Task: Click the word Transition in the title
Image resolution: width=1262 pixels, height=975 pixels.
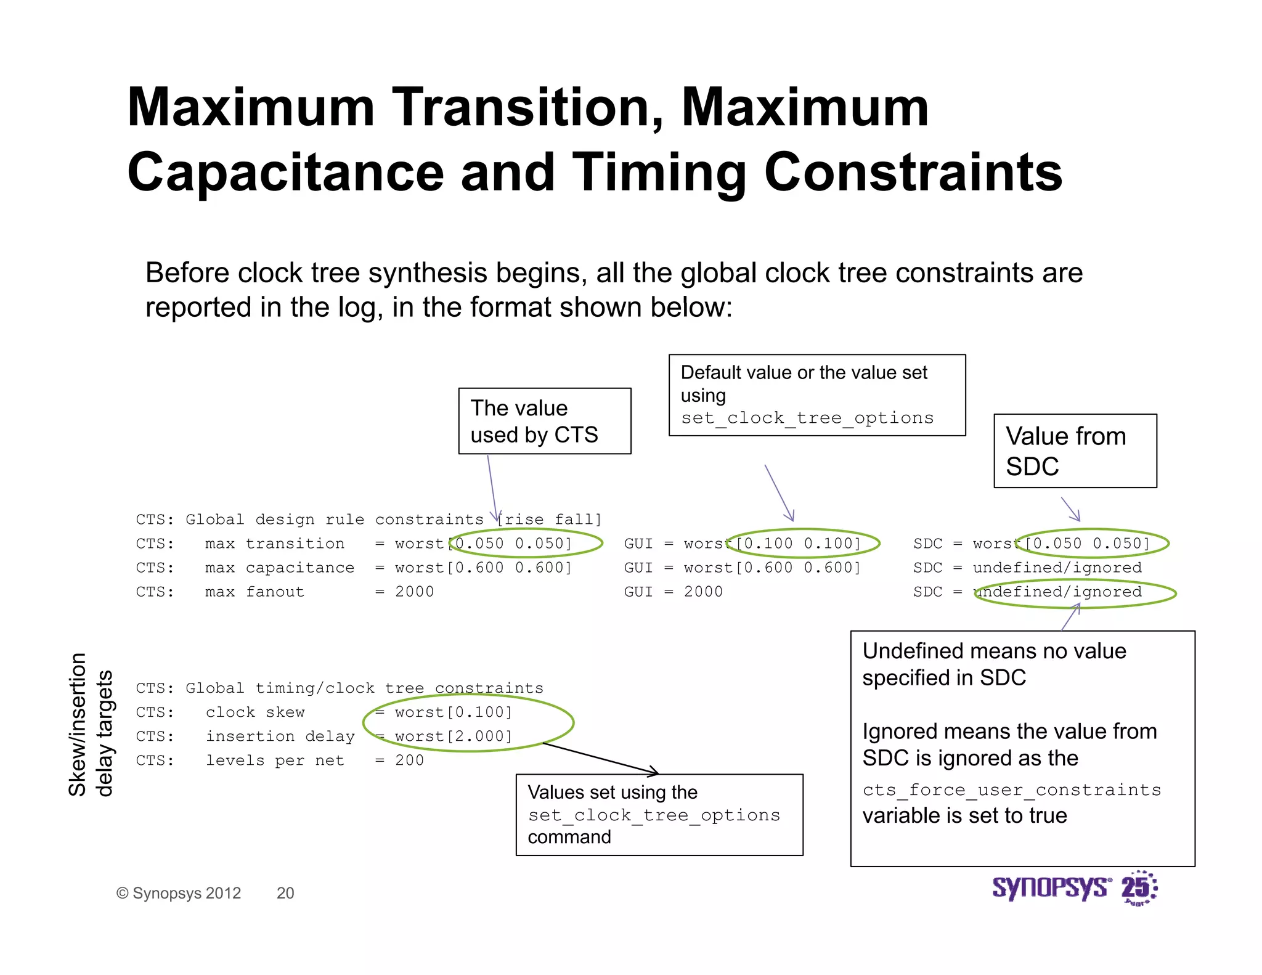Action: click(x=529, y=108)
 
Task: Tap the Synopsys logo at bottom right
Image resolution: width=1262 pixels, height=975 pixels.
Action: click(x=1073, y=888)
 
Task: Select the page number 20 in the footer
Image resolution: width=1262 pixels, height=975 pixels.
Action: click(x=285, y=893)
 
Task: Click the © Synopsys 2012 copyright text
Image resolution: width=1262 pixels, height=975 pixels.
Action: click(x=179, y=893)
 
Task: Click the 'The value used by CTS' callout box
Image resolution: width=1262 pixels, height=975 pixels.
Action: click(x=544, y=421)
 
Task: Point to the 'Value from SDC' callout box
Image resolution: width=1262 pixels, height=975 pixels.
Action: click(x=1075, y=451)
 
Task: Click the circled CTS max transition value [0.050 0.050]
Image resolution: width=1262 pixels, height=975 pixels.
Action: click(x=513, y=544)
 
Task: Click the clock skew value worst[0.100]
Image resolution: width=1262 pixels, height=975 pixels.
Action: click(x=454, y=712)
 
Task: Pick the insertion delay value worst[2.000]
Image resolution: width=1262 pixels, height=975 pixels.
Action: click(x=454, y=736)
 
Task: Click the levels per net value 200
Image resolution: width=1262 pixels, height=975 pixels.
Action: click(x=409, y=761)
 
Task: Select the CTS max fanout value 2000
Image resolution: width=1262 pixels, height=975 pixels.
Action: click(x=414, y=592)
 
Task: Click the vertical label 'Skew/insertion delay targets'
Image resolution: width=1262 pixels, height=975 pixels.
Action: click(x=91, y=725)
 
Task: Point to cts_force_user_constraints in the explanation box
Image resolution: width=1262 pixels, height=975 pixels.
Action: click(x=1011, y=790)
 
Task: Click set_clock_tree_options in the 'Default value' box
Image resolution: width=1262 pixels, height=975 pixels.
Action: click(x=807, y=418)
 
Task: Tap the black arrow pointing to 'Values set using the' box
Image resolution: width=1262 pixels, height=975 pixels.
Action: click(x=601, y=759)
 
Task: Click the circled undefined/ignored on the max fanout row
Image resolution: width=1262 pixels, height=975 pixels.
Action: click(x=1057, y=592)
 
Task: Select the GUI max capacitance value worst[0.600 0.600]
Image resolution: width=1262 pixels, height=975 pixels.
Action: click(x=772, y=568)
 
